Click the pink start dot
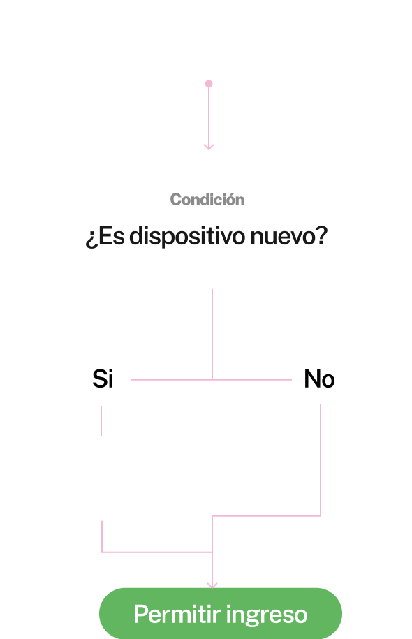click(x=209, y=84)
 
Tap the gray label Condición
click(x=207, y=199)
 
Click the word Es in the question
click(x=111, y=236)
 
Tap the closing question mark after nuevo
click(x=321, y=235)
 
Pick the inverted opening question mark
click(x=91, y=238)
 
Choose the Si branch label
click(x=103, y=379)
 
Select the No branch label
click(x=320, y=379)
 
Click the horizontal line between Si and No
click(x=212, y=379)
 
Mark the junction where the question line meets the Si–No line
click(x=212, y=379)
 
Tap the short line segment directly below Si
click(x=101, y=421)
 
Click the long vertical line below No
click(x=321, y=460)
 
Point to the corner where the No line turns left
click(x=321, y=516)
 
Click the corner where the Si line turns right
click(x=102, y=552)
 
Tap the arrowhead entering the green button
click(x=212, y=585)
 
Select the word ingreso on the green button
click(x=267, y=615)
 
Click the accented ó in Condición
click(x=230, y=199)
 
